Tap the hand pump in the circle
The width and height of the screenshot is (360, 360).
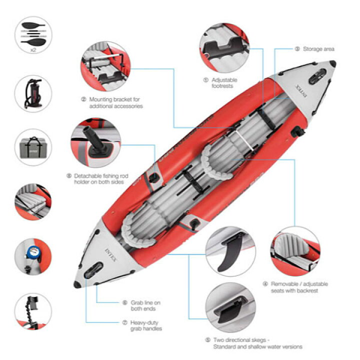click(x=33, y=93)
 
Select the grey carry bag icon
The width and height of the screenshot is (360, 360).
click(x=33, y=147)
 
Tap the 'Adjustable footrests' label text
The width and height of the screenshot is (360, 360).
click(x=224, y=83)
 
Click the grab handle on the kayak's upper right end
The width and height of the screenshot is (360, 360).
click(x=317, y=76)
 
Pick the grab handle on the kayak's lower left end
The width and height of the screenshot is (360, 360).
click(x=93, y=270)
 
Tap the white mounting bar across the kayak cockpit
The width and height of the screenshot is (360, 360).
click(x=245, y=142)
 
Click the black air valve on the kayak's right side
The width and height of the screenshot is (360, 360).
click(x=297, y=132)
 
